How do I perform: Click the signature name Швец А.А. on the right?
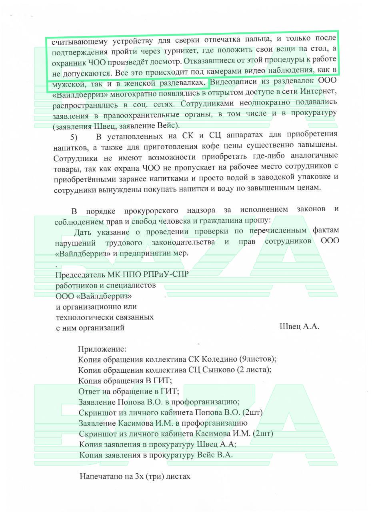pyautogui.click(x=299, y=326)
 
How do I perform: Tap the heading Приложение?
pyautogui.click(x=102, y=349)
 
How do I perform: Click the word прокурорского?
pyautogui.click(x=150, y=210)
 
